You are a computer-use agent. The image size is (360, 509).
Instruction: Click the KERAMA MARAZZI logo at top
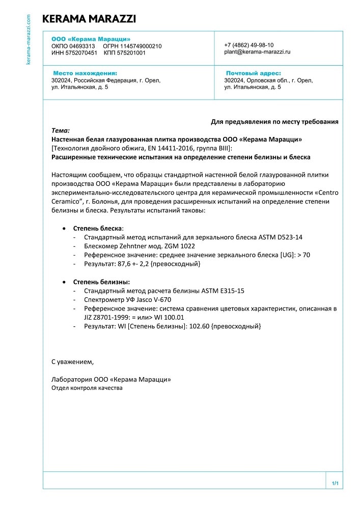(x=89, y=19)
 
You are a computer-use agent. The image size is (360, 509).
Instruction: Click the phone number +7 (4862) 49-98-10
(x=248, y=45)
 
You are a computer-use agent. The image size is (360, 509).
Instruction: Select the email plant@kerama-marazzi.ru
(x=257, y=52)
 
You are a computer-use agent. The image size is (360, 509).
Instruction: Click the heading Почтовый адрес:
(x=253, y=73)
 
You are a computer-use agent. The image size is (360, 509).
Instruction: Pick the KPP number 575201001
(x=131, y=52)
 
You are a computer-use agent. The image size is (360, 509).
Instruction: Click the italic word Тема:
(x=61, y=131)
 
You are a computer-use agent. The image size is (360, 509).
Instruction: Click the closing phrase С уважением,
(x=73, y=362)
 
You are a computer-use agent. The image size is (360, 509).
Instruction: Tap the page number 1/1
(x=335, y=483)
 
